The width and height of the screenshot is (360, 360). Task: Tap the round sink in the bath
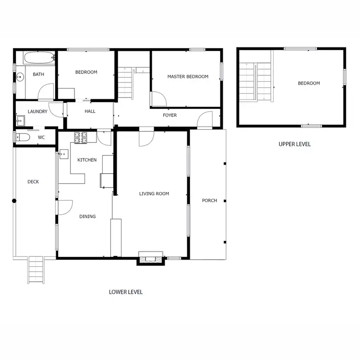pos(21,76)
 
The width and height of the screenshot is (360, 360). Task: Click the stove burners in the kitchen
pos(80,137)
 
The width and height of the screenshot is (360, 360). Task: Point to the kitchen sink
pos(63,155)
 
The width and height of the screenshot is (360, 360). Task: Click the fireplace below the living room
pos(151,258)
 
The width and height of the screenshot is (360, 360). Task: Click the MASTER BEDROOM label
pos(188,77)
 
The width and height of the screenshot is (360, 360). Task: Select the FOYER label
pos(169,115)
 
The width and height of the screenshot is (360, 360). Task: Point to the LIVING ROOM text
pos(154,194)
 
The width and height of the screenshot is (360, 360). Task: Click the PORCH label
pos(209,201)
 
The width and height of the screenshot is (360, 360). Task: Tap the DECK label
pos(33,182)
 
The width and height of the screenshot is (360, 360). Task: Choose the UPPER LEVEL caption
pos(295,144)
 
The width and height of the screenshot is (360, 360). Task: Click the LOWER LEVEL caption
pos(126,292)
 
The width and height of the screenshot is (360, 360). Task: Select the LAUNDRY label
pos(37,112)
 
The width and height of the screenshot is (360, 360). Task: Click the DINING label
pos(87,216)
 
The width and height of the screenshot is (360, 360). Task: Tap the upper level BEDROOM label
pos(309,84)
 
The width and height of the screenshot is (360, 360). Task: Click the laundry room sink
pos(21,120)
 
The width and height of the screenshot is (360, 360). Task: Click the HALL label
pos(90,111)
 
